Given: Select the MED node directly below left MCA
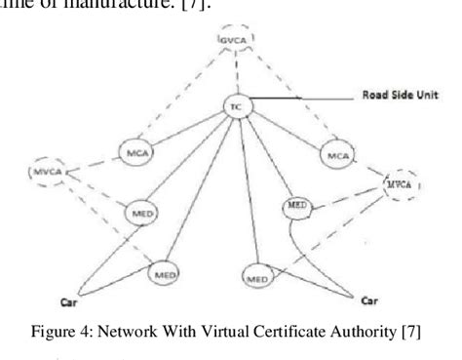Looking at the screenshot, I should click(143, 211).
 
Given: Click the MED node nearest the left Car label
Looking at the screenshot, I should click(164, 276).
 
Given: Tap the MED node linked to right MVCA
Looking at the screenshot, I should click(295, 207).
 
